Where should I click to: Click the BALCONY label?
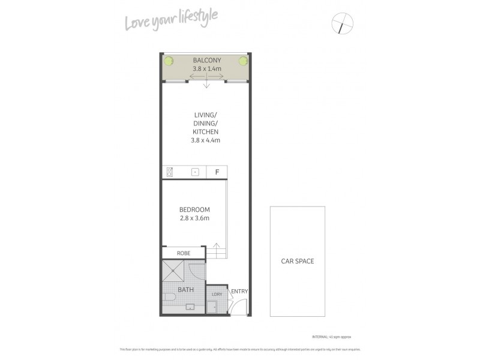[x=206, y=61]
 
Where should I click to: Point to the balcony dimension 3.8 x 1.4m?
[x=206, y=69]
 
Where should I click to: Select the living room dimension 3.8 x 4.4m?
[x=205, y=140]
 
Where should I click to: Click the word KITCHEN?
[x=205, y=131]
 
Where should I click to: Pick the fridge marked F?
[x=217, y=172]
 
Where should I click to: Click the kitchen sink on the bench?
[x=194, y=172]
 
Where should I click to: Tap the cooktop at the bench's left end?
[x=170, y=172]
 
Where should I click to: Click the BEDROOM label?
[x=194, y=209]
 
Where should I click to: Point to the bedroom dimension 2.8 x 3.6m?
[x=194, y=218]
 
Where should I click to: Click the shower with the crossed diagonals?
[x=175, y=272]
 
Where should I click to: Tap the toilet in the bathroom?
[x=169, y=296]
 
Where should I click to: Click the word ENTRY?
[x=239, y=292]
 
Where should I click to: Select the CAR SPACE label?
[x=298, y=261]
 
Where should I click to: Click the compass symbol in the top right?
[x=343, y=25]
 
